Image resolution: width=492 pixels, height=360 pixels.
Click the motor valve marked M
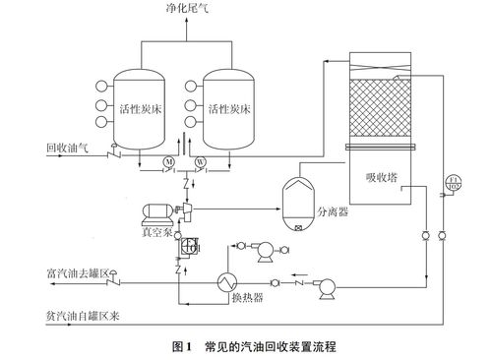pyautogui.click(x=169, y=162)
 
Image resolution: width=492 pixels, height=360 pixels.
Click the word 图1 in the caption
pyautogui.click(x=183, y=346)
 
